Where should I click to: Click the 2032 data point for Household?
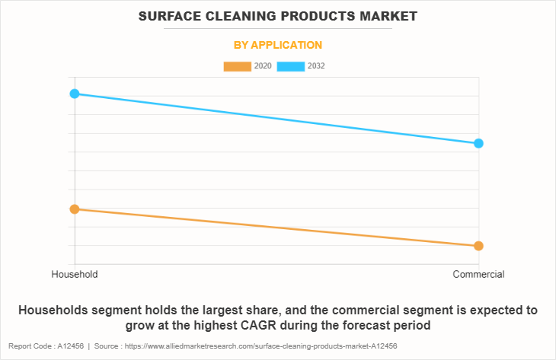[75, 94]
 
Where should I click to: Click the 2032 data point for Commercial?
[478, 143]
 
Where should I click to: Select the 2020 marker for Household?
[75, 209]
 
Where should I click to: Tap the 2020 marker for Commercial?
[478, 246]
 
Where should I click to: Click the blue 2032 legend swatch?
[292, 66]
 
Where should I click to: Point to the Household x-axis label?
[75, 274]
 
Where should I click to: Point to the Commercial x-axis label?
[478, 274]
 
